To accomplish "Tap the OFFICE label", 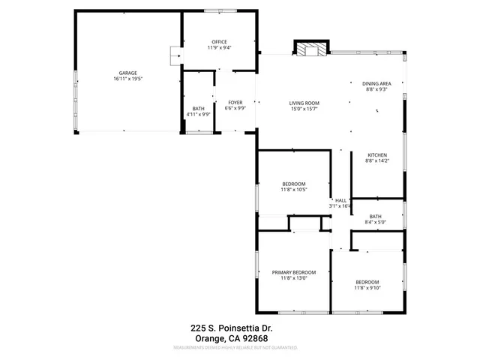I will pyautogui.click(x=219, y=41).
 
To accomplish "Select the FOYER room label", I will pyautogui.click(x=235, y=102).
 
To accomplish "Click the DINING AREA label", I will pyautogui.click(x=376, y=83).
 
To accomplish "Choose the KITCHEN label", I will pyautogui.click(x=376, y=154).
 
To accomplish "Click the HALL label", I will pyautogui.click(x=340, y=200).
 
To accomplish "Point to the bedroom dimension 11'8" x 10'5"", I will pyautogui.click(x=293, y=190).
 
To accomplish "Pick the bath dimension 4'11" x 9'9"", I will pyautogui.click(x=198, y=115).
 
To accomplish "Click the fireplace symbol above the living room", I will pyautogui.click(x=310, y=49).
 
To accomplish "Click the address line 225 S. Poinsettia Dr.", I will pyautogui.click(x=240, y=327).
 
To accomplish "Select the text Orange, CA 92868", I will pyautogui.click(x=240, y=337).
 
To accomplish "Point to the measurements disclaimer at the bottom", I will pyautogui.click(x=240, y=348).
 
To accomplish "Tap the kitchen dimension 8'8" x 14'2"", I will pyautogui.click(x=376, y=160).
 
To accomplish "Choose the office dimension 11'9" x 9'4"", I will pyautogui.click(x=219, y=47).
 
